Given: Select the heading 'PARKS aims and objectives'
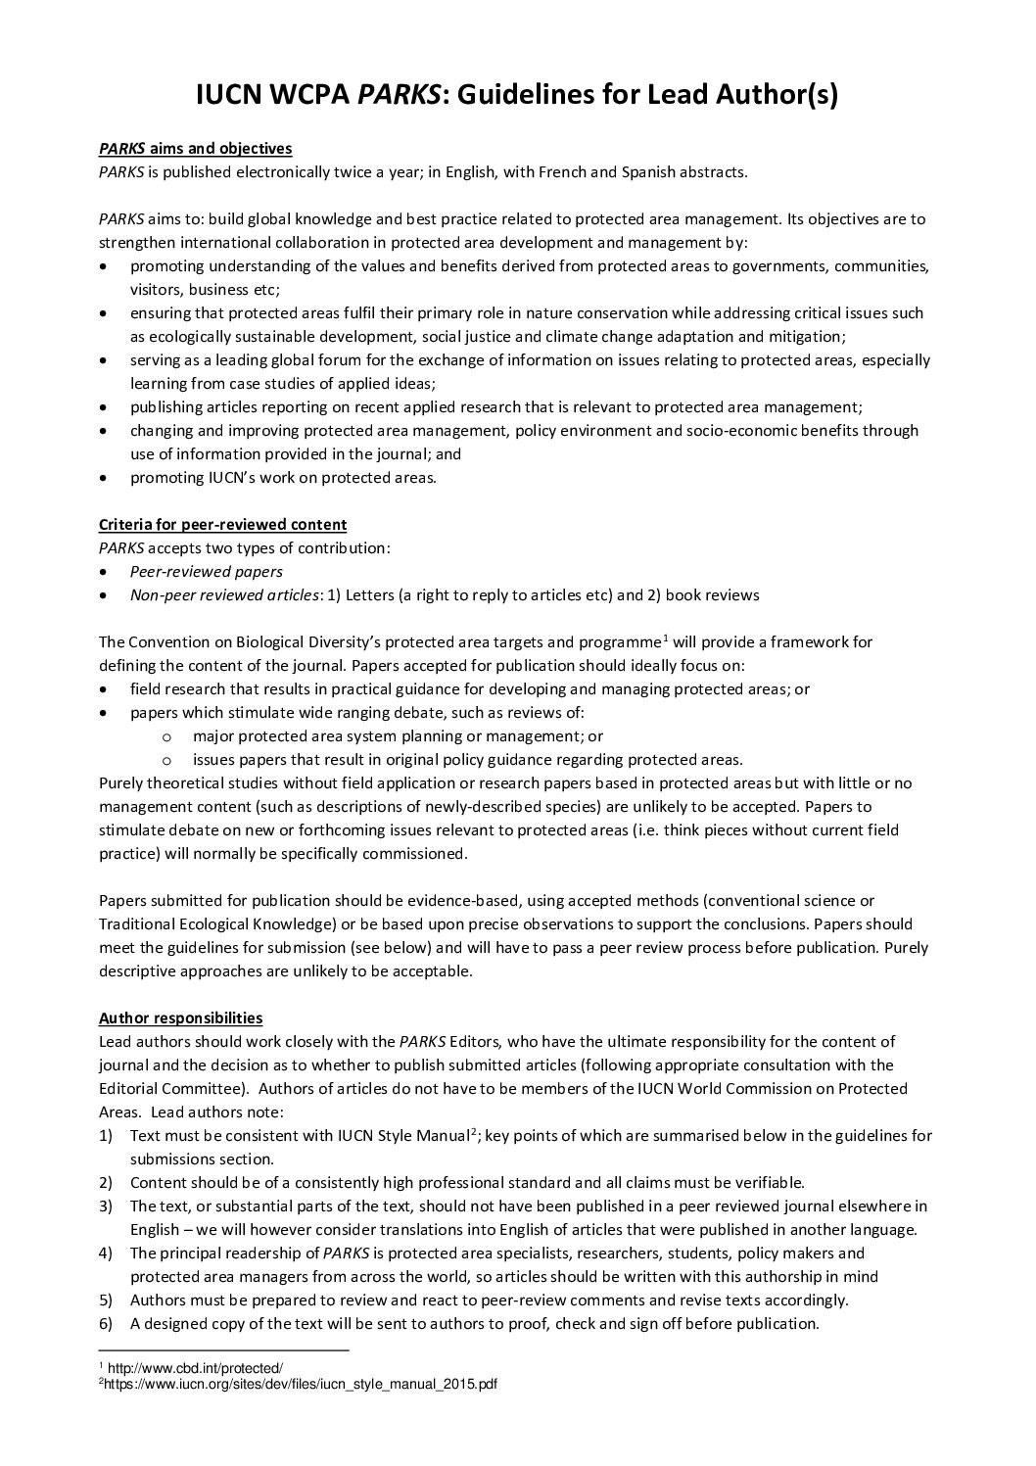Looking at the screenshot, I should (x=195, y=149).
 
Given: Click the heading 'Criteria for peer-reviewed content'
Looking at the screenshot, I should (x=222, y=525).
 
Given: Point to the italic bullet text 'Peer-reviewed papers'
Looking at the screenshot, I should (x=206, y=572).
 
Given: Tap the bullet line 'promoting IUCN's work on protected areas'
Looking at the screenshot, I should (x=283, y=478).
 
